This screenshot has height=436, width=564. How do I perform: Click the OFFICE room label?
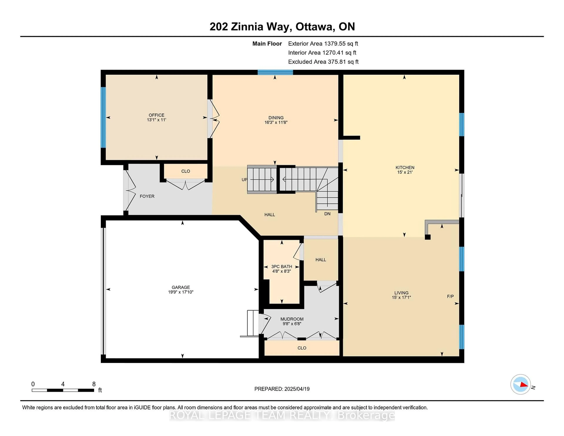156,115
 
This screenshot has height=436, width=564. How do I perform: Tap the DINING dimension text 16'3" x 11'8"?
276,122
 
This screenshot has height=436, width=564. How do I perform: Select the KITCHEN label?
405,167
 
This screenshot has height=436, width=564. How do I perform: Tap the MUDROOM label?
292,319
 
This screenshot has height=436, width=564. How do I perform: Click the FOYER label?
147,196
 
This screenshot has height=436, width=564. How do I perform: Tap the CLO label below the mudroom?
302,348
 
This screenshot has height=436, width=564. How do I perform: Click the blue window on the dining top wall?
275,72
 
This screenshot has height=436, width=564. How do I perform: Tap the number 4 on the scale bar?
63,384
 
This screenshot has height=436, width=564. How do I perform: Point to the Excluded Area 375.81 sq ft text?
323,62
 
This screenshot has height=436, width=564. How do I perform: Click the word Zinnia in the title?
247,27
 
